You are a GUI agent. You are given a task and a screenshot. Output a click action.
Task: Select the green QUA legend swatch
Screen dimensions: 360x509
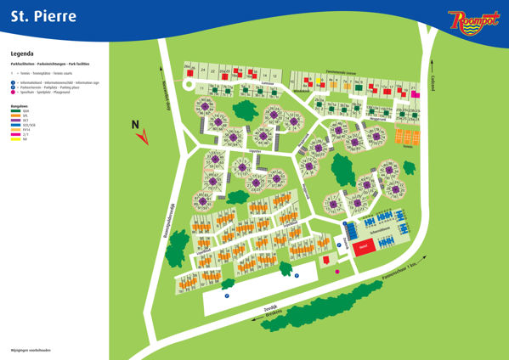point(15,111)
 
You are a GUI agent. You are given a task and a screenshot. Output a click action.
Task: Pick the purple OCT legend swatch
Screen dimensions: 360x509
point(15,120)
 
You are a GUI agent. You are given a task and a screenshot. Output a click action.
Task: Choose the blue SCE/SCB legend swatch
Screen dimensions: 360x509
point(15,124)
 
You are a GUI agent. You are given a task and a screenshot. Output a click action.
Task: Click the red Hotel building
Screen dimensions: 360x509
point(363,247)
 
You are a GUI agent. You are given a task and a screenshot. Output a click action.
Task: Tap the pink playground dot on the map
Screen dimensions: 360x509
point(337,271)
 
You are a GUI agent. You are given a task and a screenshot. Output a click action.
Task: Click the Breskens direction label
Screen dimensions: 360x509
point(270,311)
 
